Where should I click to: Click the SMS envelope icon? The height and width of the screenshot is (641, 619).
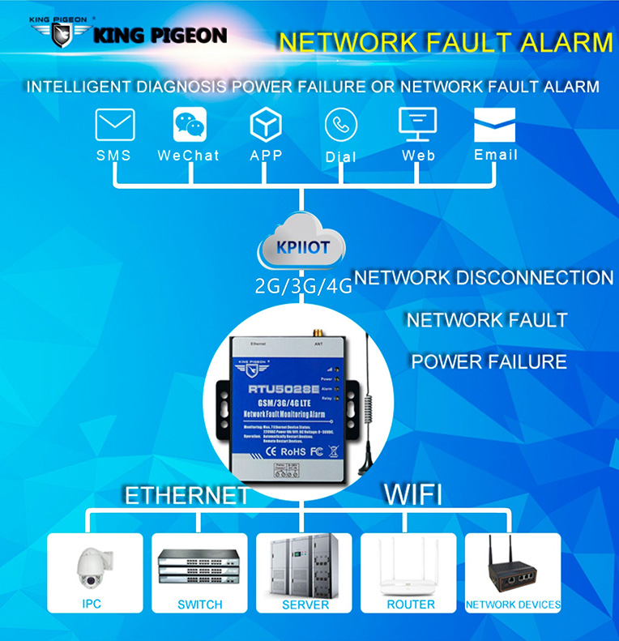115,125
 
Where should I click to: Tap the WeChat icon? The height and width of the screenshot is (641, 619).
190,125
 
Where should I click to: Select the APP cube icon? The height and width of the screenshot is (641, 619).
265,125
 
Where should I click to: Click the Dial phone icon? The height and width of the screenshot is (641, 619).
340,125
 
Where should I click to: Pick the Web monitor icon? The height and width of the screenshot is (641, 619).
418,124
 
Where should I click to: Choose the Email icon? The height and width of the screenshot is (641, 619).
494,125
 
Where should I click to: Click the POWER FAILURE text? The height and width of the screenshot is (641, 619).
489,361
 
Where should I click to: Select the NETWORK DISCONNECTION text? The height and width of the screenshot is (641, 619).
484,278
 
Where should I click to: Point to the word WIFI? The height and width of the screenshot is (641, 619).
412,494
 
